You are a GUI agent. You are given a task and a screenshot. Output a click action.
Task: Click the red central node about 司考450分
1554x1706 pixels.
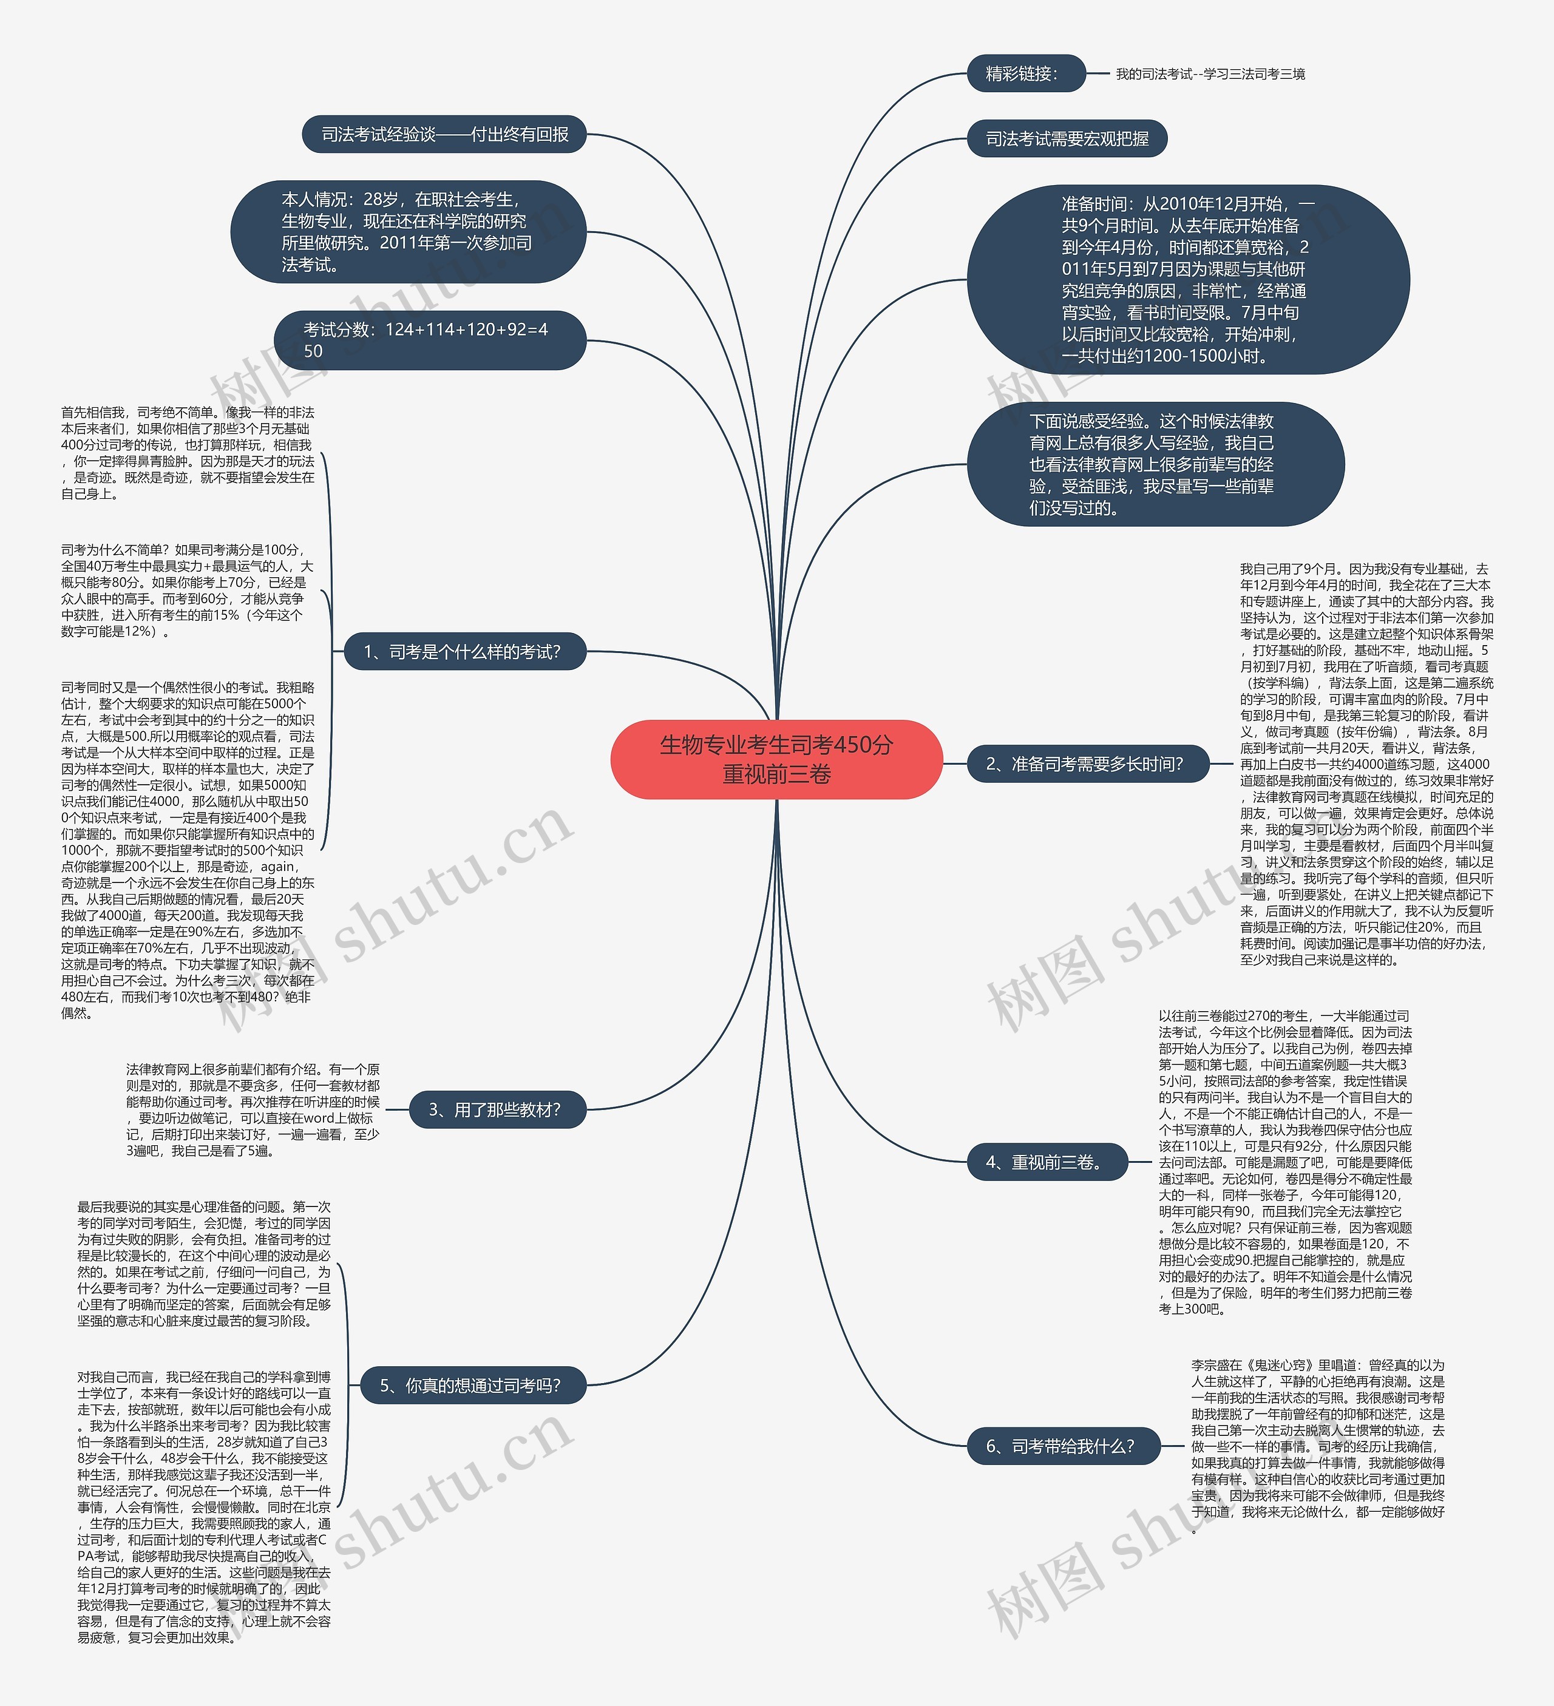tap(776, 759)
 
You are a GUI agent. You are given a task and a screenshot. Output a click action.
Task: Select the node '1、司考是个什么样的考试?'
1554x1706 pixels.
tap(463, 652)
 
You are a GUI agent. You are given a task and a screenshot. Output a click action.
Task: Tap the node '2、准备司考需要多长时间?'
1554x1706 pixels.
tap(1087, 764)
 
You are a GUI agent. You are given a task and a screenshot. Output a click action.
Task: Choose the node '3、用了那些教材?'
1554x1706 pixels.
tap(497, 1109)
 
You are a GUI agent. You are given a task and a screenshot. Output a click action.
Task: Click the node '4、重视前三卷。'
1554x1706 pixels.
tap(1047, 1162)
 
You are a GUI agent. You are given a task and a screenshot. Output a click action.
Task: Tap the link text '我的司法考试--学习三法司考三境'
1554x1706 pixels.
tap(1210, 75)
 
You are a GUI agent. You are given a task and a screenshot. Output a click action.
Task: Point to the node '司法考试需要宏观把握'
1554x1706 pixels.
tap(1067, 139)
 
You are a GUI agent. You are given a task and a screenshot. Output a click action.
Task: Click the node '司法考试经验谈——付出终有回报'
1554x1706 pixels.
tap(444, 135)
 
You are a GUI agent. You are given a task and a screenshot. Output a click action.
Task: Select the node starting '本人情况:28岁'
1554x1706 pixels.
tap(408, 232)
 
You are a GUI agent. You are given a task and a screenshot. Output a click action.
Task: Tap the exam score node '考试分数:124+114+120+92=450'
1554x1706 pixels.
tap(429, 340)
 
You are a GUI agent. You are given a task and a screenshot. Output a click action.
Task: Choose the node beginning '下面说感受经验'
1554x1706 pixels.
tap(1155, 464)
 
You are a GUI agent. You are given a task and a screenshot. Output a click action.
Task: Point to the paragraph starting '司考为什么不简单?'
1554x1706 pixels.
tap(186, 590)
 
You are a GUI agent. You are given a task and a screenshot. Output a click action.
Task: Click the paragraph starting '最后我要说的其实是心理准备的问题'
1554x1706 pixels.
tap(204, 1264)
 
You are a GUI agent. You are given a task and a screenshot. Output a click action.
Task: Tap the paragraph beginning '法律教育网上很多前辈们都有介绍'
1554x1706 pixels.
tap(253, 1109)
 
